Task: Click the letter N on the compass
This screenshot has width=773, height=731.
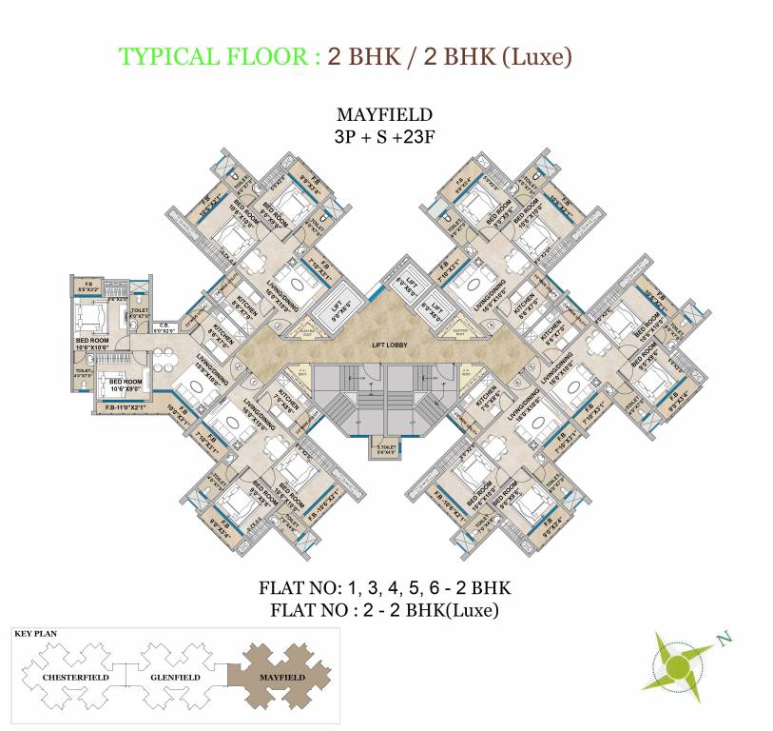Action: (x=725, y=639)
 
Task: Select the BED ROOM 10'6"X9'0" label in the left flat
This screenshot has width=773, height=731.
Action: (x=126, y=385)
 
